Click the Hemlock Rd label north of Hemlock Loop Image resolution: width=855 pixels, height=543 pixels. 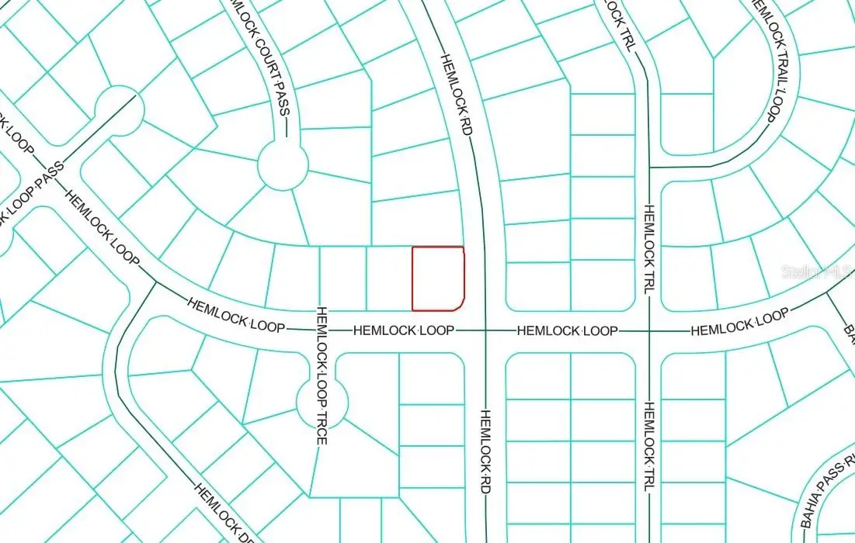pos(457,95)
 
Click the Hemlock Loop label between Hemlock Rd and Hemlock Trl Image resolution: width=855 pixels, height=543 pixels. pos(568,330)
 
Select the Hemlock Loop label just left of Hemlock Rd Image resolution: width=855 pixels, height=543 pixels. pos(404,330)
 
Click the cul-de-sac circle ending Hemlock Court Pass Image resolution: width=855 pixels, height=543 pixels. pos(283,164)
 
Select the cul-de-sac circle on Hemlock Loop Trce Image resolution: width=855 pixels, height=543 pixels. pos(322,403)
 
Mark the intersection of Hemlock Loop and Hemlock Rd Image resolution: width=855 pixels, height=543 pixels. pos(485,330)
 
